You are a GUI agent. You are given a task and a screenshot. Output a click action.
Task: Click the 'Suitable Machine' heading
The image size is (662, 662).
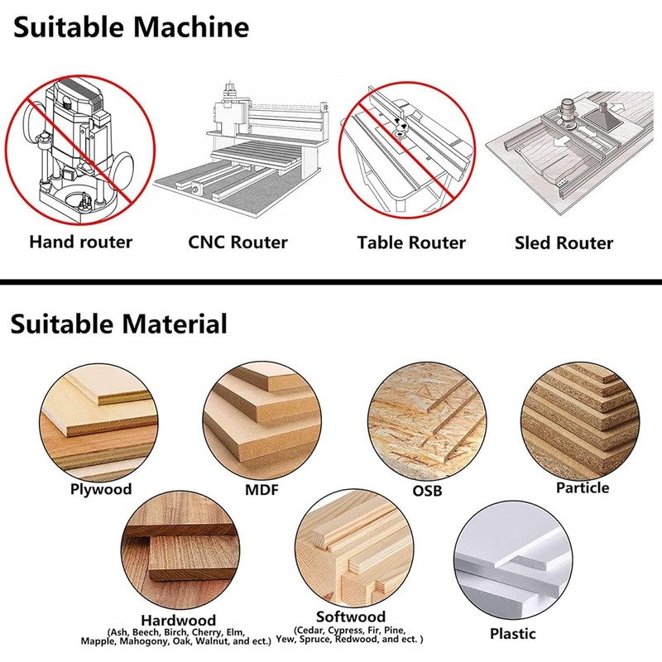point(131,27)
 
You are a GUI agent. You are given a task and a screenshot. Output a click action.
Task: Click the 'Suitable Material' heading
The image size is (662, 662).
point(119,323)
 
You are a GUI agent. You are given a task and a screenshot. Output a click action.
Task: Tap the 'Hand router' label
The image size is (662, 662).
point(81,242)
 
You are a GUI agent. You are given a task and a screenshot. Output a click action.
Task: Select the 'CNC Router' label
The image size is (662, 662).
point(237,242)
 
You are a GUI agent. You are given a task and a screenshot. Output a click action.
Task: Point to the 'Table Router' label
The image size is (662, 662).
point(411,243)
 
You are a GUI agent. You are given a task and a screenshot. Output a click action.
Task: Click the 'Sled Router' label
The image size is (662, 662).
point(564,243)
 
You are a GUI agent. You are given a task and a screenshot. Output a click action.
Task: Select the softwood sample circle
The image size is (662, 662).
point(351,550)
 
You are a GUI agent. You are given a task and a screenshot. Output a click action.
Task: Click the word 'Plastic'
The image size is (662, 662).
point(512,634)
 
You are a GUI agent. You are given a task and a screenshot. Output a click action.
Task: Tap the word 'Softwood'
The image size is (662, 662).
point(351,617)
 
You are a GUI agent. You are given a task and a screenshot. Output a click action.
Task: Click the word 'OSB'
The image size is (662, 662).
point(427,491)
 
